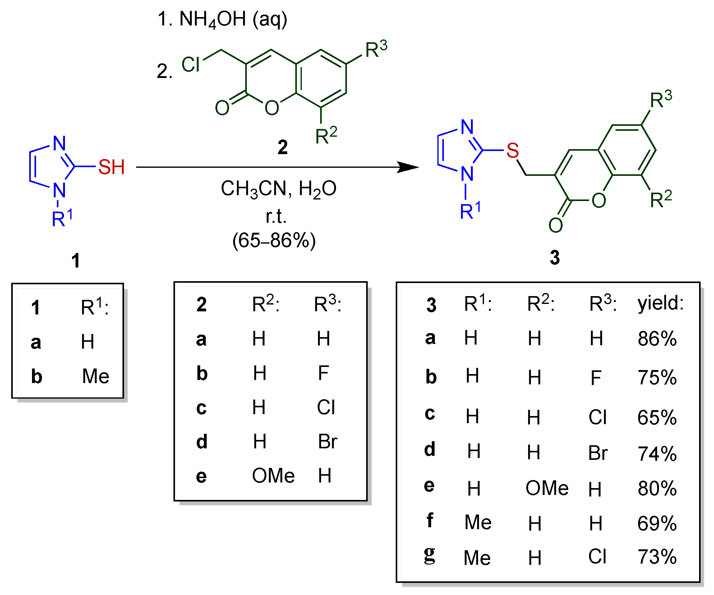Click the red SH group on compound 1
pyautogui.click(x=111, y=167)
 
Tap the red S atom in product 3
pyautogui.click(x=512, y=150)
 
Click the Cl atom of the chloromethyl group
pyautogui.click(x=191, y=64)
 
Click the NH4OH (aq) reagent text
pyautogui.click(x=223, y=19)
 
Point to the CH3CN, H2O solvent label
pyautogui.click(x=278, y=189)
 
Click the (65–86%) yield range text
pyautogui.click(x=274, y=240)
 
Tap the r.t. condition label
pyautogui.click(x=276, y=216)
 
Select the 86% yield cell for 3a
pyautogui.click(x=657, y=339)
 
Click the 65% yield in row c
pyautogui.click(x=657, y=418)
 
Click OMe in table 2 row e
pyautogui.click(x=273, y=475)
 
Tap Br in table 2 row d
pyautogui.click(x=327, y=442)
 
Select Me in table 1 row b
pyautogui.click(x=95, y=376)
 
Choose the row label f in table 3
pyautogui.click(x=430, y=520)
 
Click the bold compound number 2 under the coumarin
pyautogui.click(x=283, y=147)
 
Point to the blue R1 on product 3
pyautogui.click(x=470, y=211)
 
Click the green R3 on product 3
pyautogui.click(x=661, y=99)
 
